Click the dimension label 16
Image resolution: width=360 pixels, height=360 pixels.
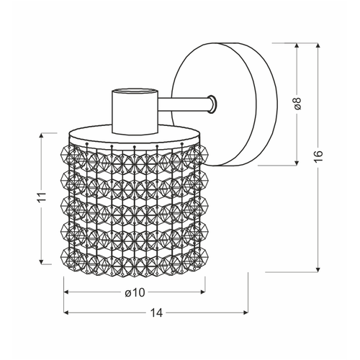point(318,157)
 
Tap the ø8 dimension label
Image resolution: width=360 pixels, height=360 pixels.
point(297,104)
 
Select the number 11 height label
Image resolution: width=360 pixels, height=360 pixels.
point(42,197)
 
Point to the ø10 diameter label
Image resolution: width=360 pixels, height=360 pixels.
point(135,292)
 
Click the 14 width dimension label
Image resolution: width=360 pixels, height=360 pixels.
point(156,312)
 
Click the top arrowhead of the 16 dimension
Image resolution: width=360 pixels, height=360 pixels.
point(318,45)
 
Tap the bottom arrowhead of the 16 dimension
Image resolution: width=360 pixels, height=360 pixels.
point(318,270)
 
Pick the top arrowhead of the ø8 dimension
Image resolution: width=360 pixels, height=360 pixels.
point(297,45)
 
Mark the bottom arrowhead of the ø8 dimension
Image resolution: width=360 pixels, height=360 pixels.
point(297,163)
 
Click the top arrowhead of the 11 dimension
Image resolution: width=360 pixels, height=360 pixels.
point(42,135)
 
